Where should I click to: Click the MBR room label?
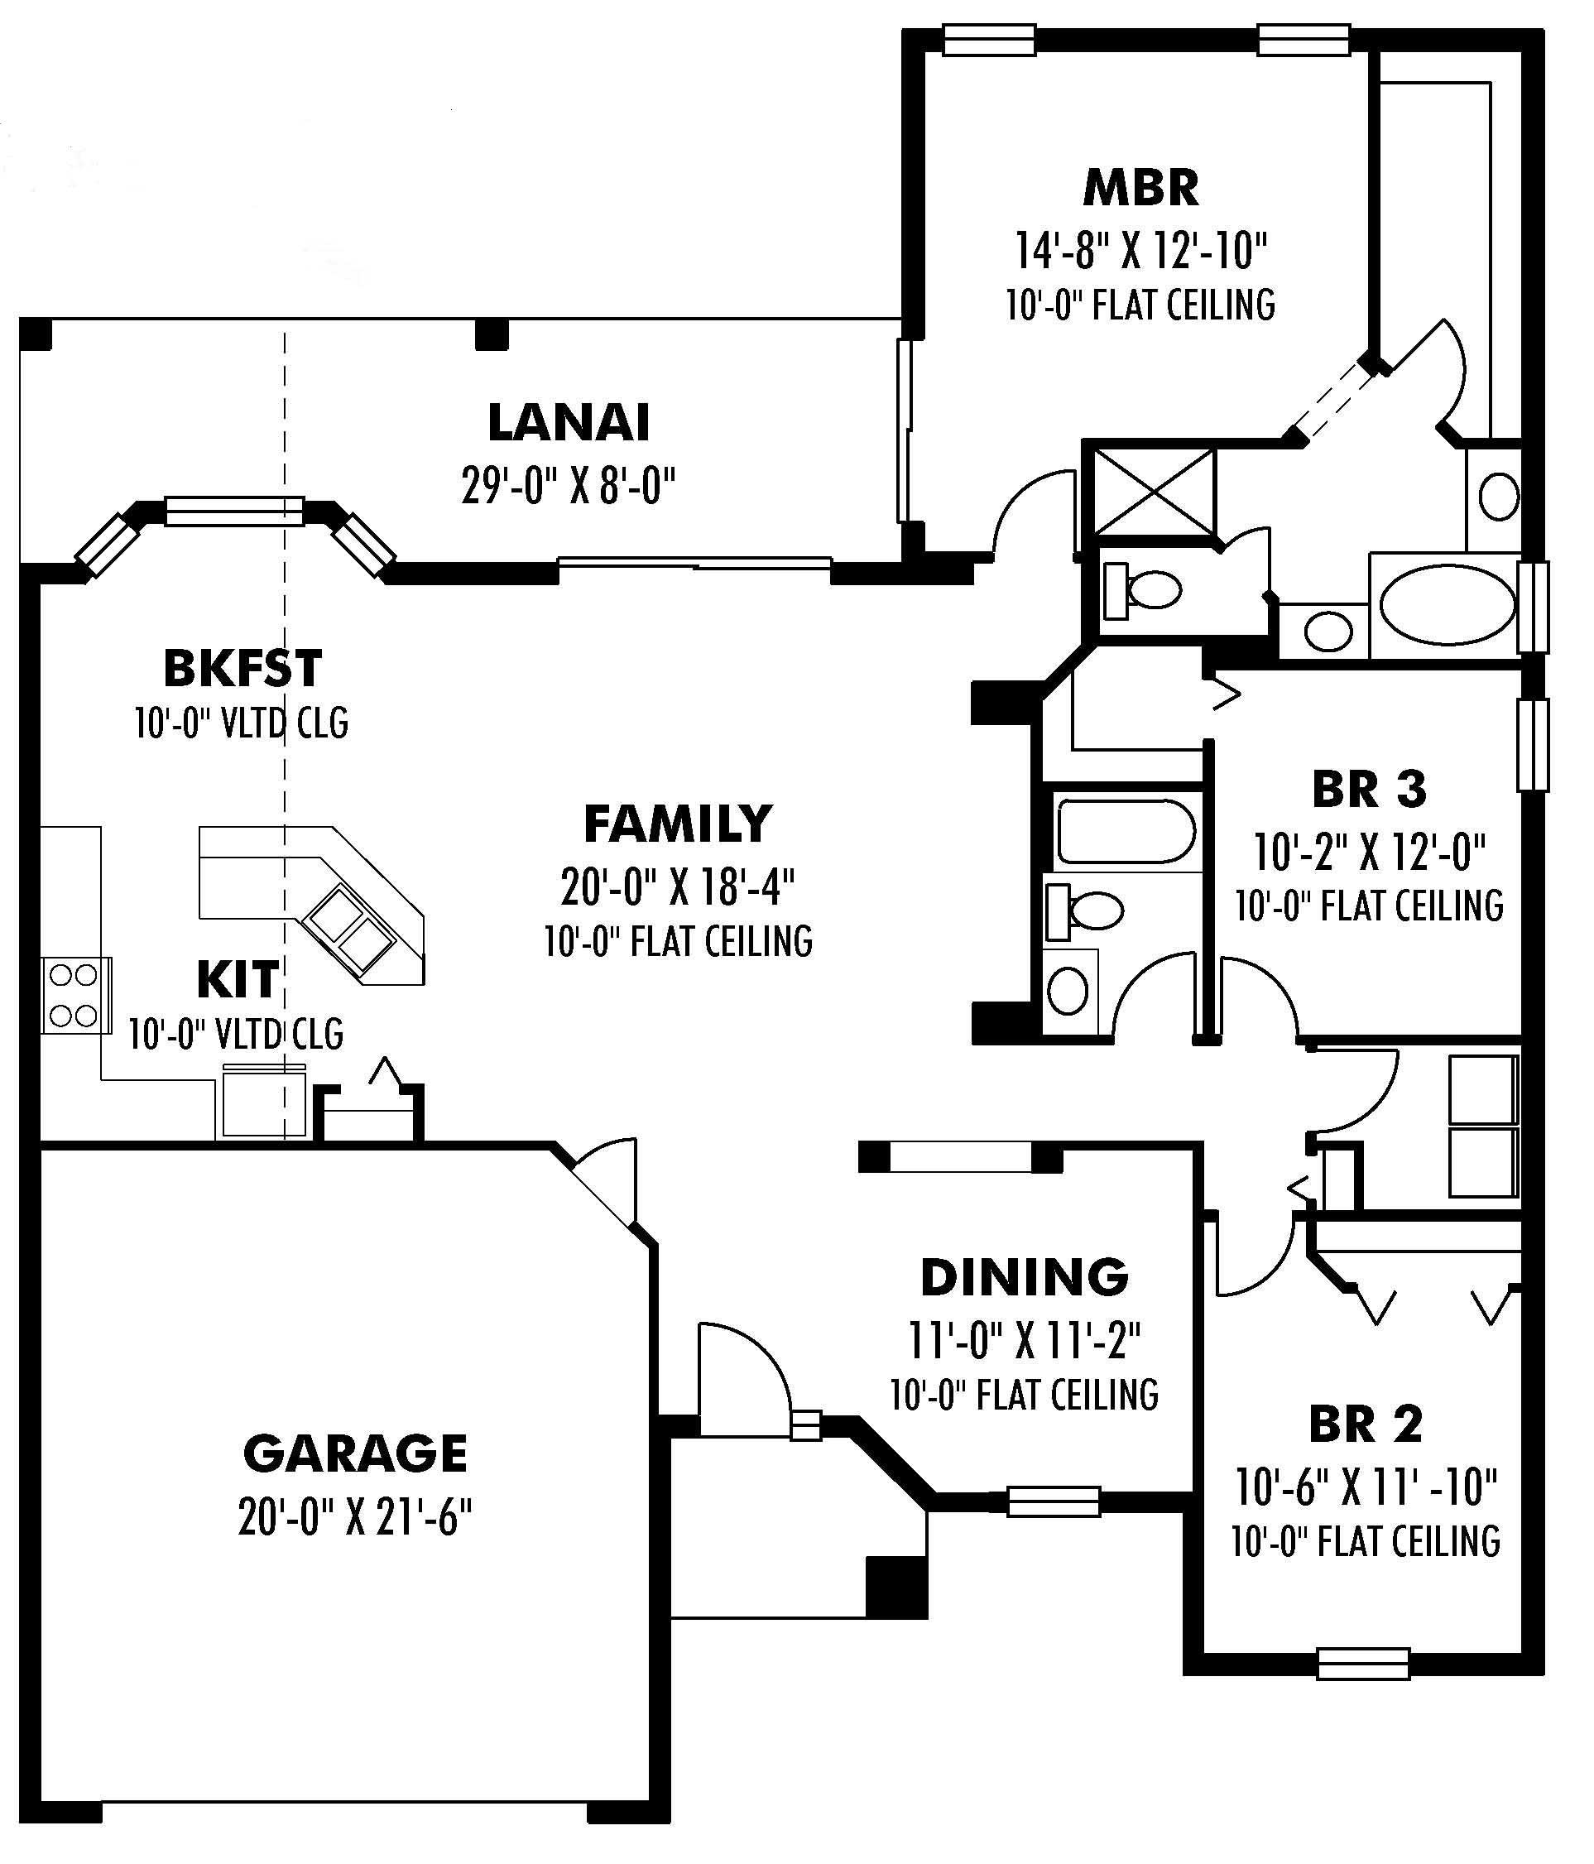point(1140,189)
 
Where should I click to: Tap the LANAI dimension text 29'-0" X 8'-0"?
point(569,487)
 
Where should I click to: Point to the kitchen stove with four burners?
point(74,995)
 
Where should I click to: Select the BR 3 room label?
point(1368,789)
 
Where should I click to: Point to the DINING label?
point(1025,1277)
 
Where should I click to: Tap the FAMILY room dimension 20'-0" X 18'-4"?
point(677,888)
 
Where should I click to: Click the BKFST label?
point(242,669)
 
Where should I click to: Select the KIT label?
point(238,980)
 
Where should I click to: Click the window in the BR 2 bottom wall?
point(1363,1664)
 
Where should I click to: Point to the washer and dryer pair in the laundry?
point(1482,1127)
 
